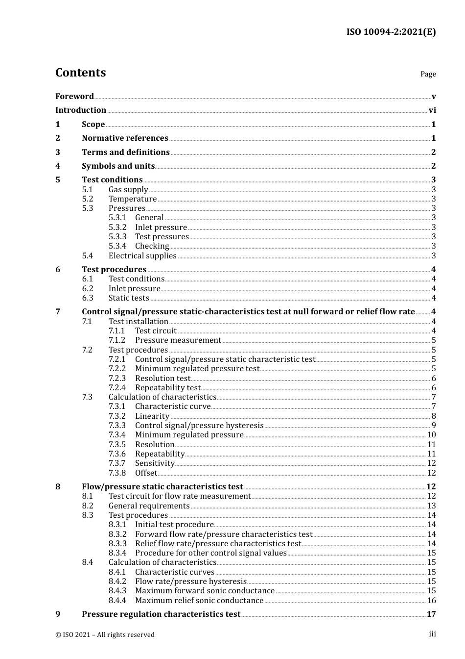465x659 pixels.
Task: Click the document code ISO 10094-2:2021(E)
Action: (x=391, y=32)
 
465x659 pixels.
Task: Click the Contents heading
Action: (x=80, y=73)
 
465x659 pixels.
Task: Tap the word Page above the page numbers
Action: (x=428, y=74)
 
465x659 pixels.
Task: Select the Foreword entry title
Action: (x=74, y=96)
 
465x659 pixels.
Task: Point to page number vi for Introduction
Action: (x=432, y=110)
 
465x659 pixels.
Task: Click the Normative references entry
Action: (x=125, y=138)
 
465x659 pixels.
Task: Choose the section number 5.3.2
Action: (x=117, y=227)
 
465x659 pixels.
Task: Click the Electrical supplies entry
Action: (x=142, y=255)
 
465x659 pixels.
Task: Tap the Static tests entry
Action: (x=129, y=298)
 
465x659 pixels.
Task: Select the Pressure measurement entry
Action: (x=178, y=340)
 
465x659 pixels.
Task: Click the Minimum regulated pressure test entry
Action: (x=197, y=368)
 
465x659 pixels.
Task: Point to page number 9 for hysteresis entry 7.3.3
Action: (x=434, y=425)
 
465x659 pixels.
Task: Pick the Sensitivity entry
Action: (x=155, y=463)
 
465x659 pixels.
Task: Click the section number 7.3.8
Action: (x=117, y=473)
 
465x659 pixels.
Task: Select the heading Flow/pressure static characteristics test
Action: (x=162, y=486)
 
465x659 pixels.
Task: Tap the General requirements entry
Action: (x=149, y=506)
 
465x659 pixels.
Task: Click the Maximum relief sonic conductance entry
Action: (x=199, y=600)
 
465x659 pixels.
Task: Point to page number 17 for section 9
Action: (x=431, y=614)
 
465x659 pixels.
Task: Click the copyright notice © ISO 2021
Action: (x=105, y=634)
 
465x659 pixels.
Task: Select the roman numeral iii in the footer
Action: (x=432, y=634)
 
